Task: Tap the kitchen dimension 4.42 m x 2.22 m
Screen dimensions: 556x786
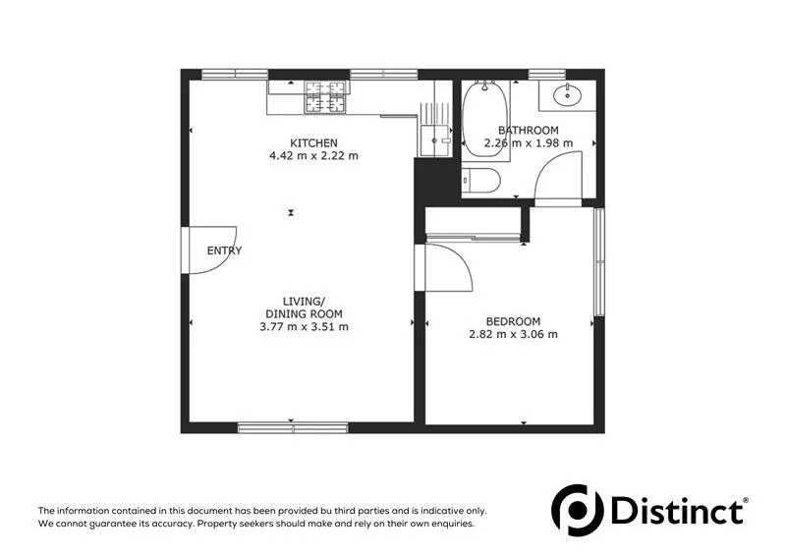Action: click(x=313, y=156)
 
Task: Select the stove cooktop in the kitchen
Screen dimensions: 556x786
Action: click(x=326, y=95)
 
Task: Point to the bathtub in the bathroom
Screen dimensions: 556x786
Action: click(x=484, y=118)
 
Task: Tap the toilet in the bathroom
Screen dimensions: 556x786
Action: click(x=481, y=180)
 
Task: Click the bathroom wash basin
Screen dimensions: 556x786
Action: click(x=568, y=95)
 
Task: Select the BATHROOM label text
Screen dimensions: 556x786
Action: click(x=529, y=131)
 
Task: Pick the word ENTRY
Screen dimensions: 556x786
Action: click(x=224, y=250)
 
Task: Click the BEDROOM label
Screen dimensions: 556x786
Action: click(x=513, y=321)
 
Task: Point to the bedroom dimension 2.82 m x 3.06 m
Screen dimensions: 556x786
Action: click(x=513, y=334)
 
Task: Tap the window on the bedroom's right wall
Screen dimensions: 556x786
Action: click(x=598, y=261)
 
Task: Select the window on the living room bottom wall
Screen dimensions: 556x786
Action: click(x=293, y=427)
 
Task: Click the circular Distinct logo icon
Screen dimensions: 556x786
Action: click(x=576, y=510)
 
